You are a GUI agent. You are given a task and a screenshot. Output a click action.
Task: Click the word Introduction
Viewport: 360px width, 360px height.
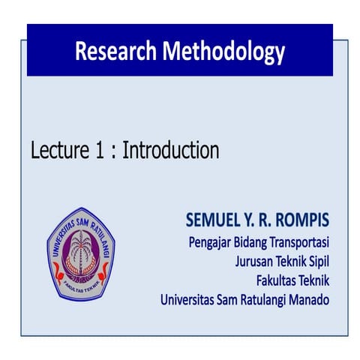[171, 151]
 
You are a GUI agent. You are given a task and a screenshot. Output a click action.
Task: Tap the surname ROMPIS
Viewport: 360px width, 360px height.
[298, 222]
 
